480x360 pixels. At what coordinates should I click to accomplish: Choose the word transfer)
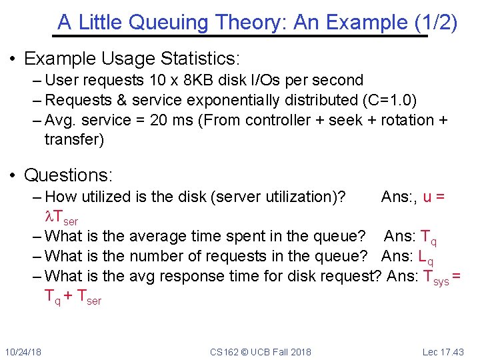75,139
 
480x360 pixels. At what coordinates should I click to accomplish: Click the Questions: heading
69,175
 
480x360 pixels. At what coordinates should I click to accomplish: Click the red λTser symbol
61,217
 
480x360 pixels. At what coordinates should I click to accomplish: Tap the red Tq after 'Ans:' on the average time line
430,237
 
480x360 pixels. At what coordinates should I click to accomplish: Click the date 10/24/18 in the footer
22,352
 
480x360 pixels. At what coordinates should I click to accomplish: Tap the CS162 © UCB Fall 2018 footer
260,352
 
